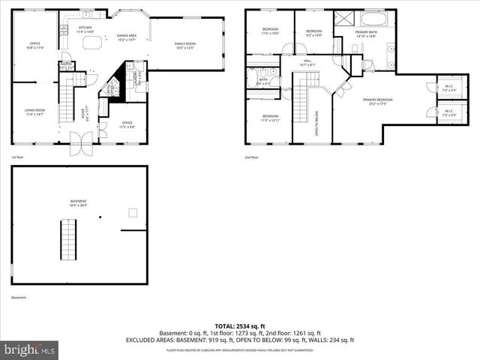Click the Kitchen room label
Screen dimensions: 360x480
[x=85, y=30]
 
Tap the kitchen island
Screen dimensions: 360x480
[x=94, y=43]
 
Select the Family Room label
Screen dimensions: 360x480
[x=185, y=46]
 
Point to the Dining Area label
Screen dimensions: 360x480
[x=126, y=37]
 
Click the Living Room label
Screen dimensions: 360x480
[x=35, y=112]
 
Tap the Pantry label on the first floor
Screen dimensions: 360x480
[x=67, y=65]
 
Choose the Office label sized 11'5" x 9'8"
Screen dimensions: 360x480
[x=127, y=124]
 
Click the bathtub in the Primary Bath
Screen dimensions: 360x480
[x=372, y=18]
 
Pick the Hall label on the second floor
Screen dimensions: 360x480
[x=307, y=63]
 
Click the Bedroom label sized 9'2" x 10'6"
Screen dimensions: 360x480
[x=313, y=32]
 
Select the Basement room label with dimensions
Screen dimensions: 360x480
[x=79, y=202]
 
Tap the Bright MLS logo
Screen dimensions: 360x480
[x=30, y=349]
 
